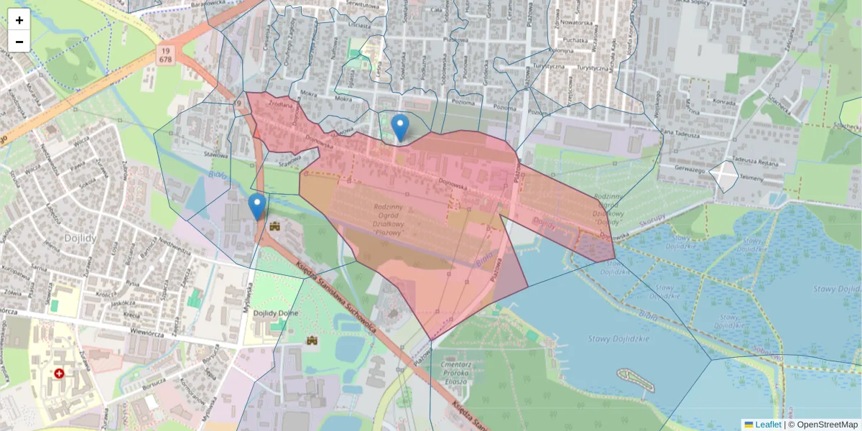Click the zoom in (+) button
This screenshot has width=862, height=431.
coord(19,19)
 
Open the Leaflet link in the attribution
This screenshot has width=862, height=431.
coord(767,425)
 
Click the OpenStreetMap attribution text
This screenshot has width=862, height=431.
coord(827,425)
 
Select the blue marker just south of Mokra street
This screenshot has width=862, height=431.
coord(401,129)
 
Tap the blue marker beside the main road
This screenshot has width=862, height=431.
coord(256,207)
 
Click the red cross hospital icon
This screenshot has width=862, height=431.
coord(59,374)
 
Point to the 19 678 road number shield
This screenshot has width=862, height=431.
coord(167,55)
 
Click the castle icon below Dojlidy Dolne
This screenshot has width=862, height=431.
coord(312,340)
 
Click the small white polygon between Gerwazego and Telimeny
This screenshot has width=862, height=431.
coord(724,176)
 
